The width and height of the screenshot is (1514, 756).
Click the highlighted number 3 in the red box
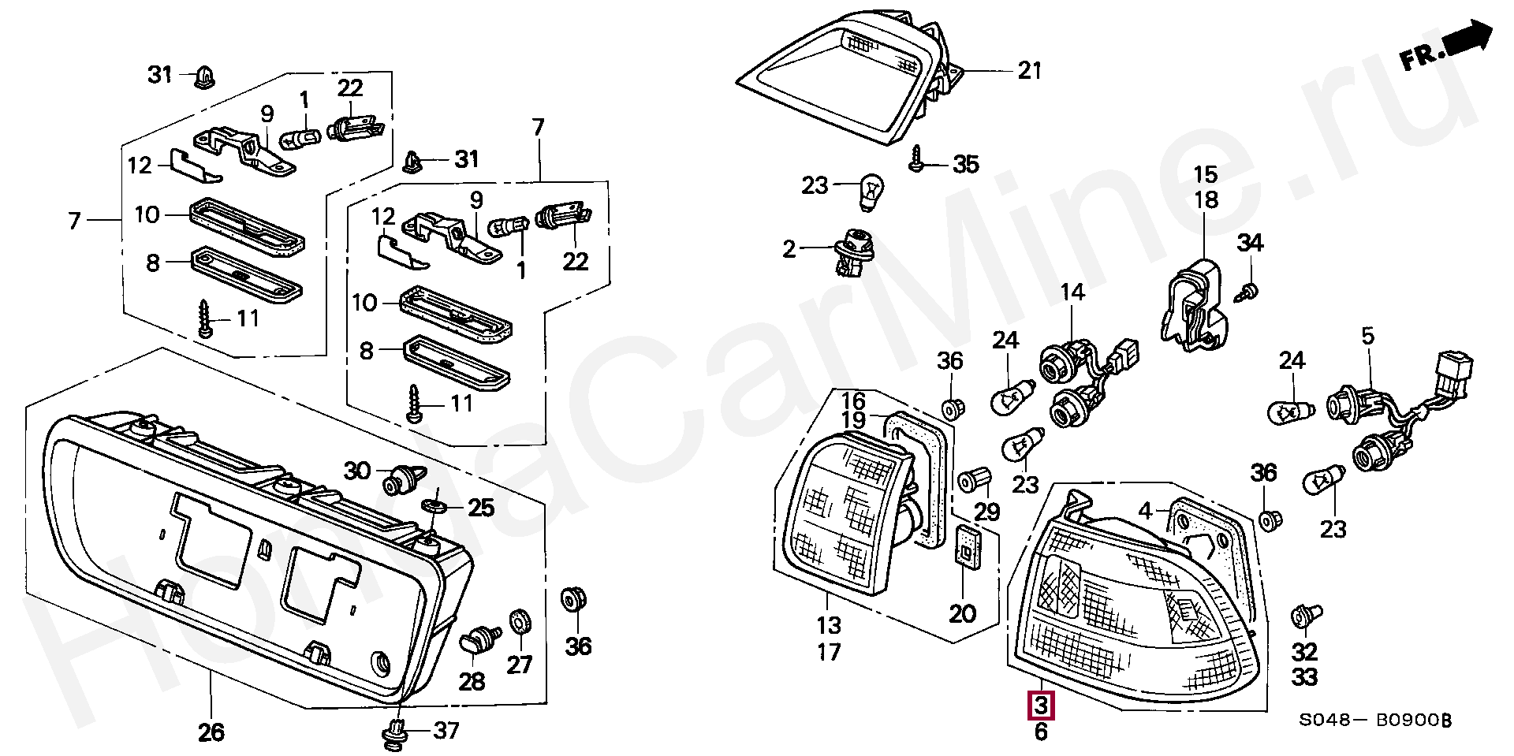(x=1041, y=704)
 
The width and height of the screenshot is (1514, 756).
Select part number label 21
(x=1028, y=71)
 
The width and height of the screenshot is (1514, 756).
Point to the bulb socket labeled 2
(x=850, y=251)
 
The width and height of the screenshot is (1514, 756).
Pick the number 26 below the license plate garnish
(x=211, y=732)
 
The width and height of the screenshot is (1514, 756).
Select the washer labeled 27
(x=520, y=621)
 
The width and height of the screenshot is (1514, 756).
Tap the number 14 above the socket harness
(x=1072, y=292)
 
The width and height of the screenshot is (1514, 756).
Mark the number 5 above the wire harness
(x=1367, y=337)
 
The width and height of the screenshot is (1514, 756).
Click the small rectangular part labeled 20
(x=964, y=546)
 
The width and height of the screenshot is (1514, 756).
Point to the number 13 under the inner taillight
(x=829, y=625)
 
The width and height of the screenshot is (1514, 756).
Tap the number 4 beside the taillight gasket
(x=1146, y=510)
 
